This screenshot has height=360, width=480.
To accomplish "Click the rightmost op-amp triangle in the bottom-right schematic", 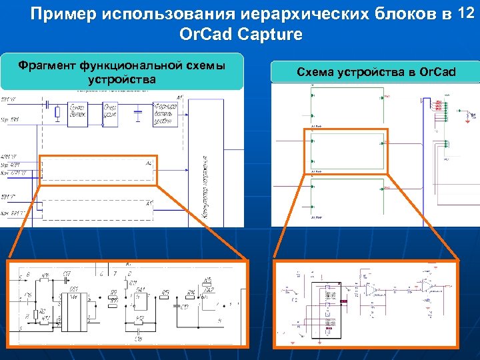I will [427, 286].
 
